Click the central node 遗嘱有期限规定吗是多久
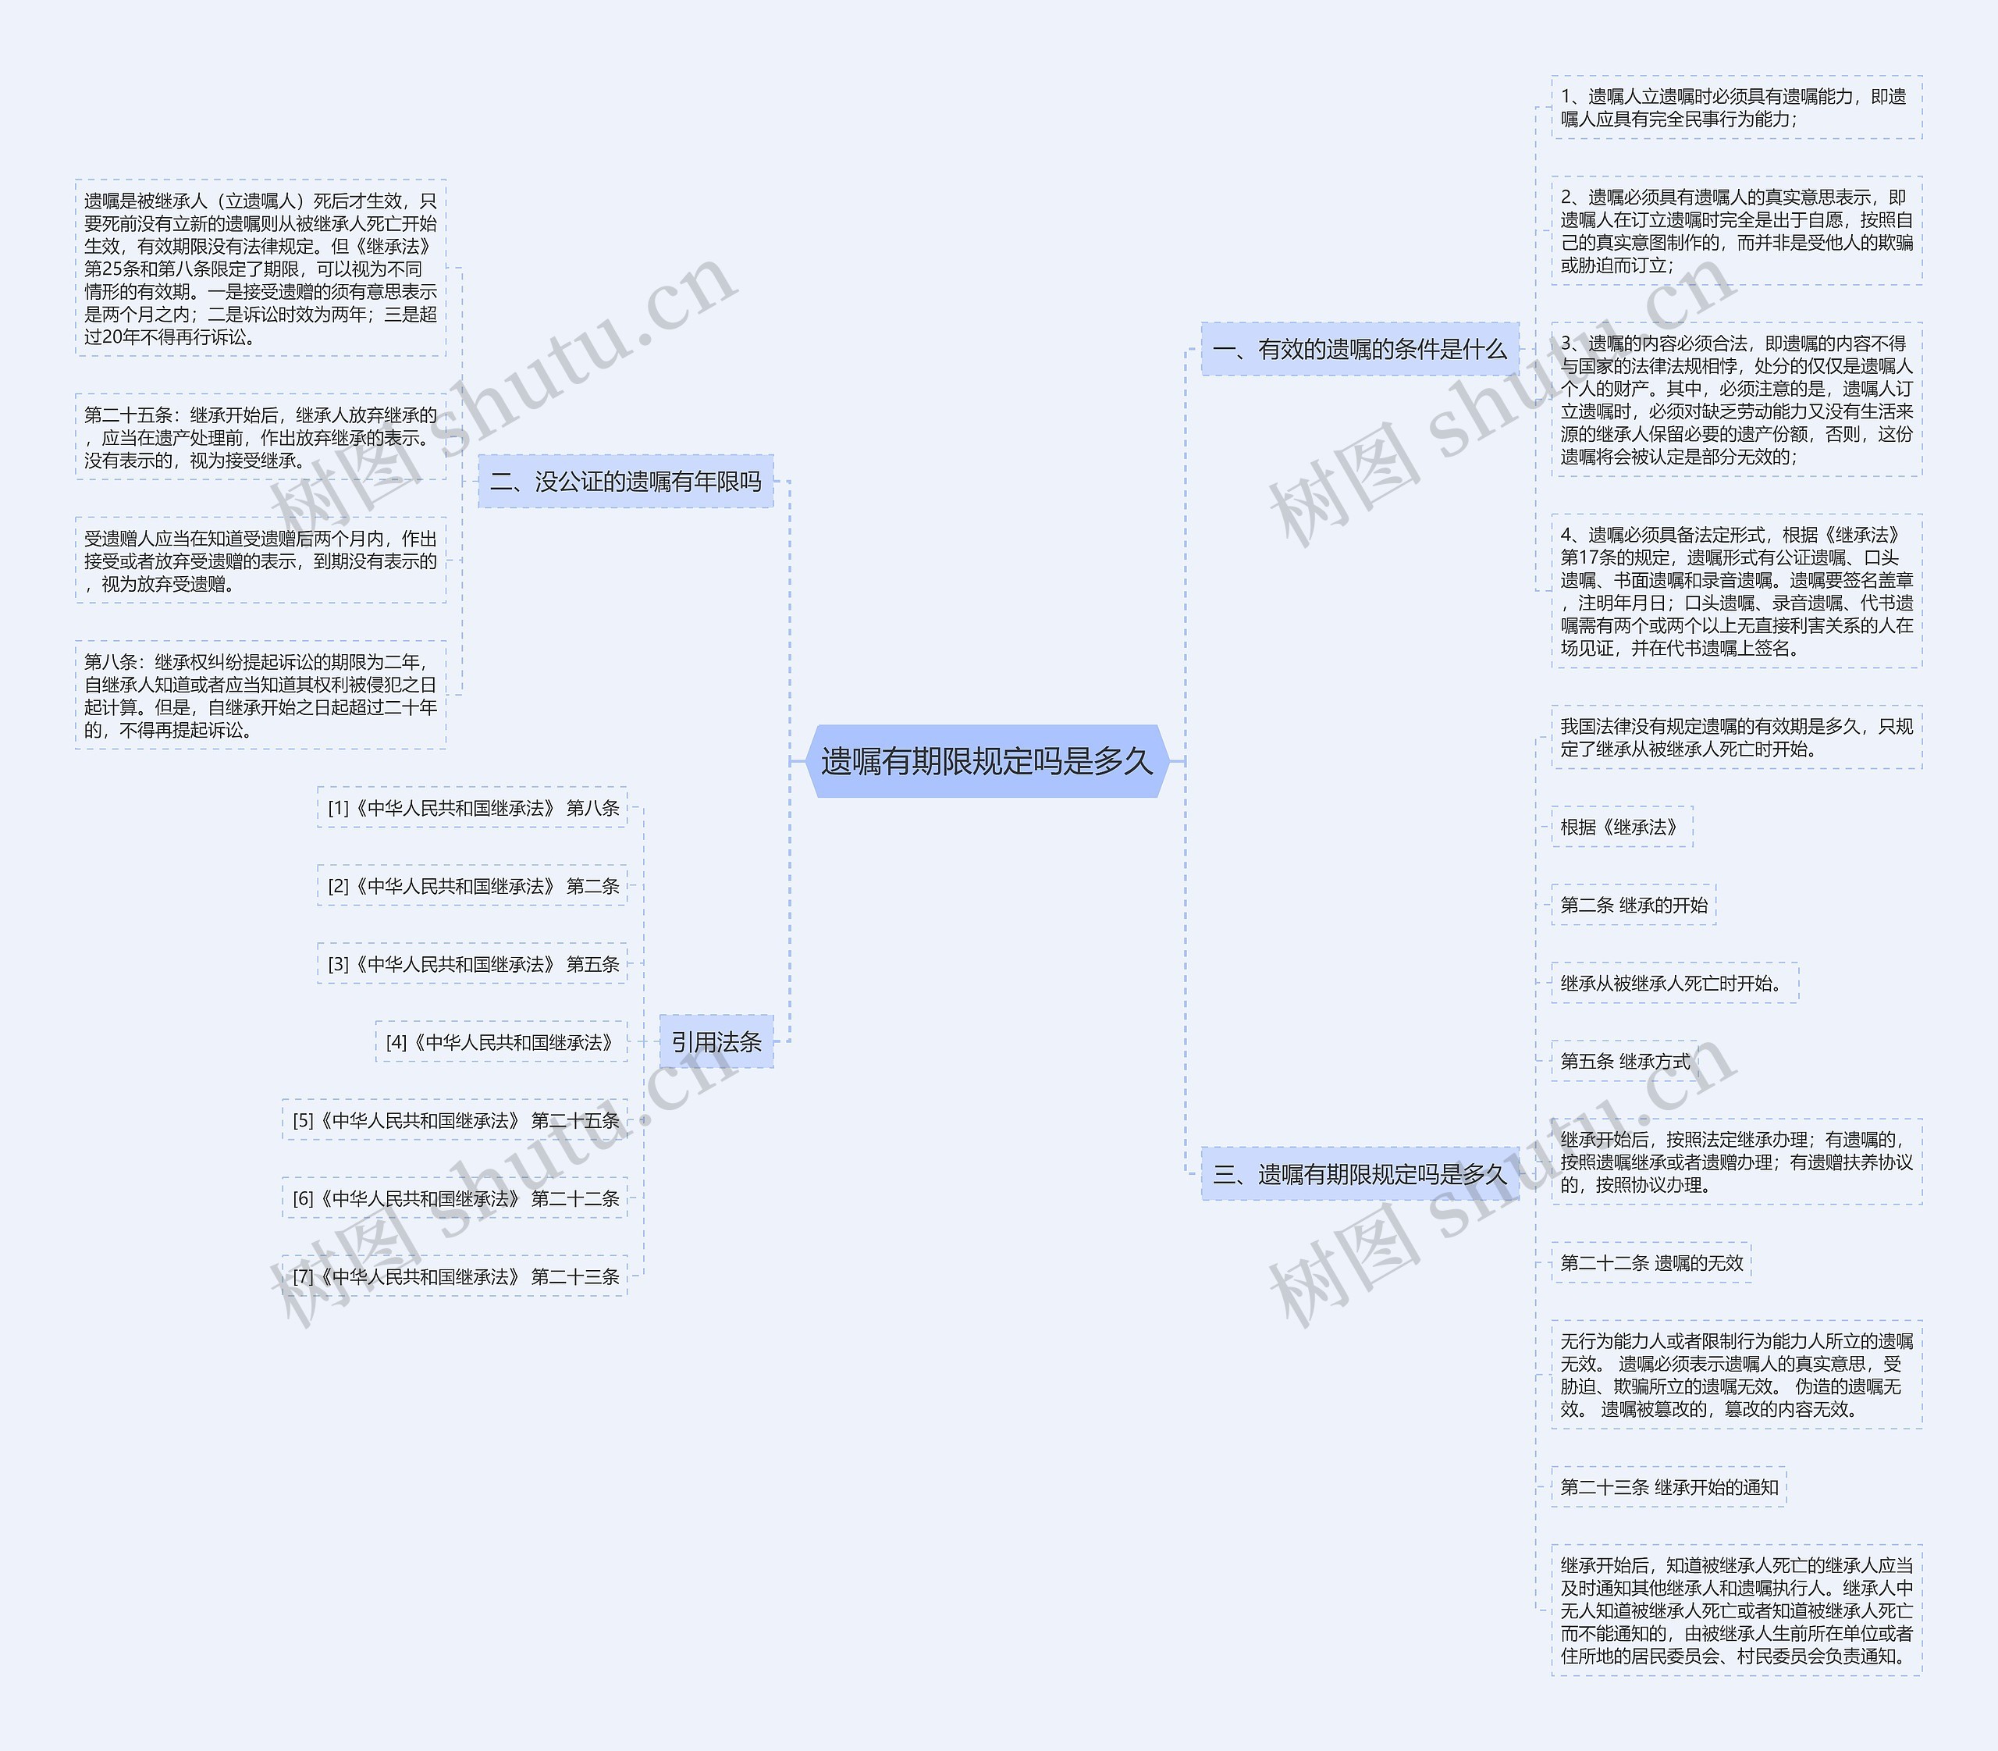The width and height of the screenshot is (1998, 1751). click(x=987, y=761)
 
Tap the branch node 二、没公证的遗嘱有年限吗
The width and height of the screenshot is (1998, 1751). click(x=625, y=481)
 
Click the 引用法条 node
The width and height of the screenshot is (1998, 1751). click(x=716, y=1041)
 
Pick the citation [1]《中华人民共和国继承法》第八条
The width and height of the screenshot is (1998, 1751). click(x=473, y=808)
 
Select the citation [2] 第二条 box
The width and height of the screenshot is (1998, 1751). click(x=473, y=886)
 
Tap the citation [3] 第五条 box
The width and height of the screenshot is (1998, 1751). click(x=473, y=964)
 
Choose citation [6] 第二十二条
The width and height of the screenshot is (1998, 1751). click(x=455, y=1199)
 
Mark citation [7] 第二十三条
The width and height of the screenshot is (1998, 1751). click(x=455, y=1276)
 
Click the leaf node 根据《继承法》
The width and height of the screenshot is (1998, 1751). click(x=1621, y=827)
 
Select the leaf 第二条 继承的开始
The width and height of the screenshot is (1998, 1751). click(x=1633, y=905)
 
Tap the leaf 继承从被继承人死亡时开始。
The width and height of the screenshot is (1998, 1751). click(x=1673, y=983)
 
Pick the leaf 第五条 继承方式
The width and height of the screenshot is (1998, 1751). click(x=1624, y=1061)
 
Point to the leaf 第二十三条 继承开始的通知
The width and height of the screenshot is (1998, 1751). click(x=1669, y=1487)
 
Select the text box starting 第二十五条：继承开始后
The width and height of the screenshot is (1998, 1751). click(x=261, y=436)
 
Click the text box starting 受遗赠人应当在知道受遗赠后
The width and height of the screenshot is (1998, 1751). click(x=261, y=561)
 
